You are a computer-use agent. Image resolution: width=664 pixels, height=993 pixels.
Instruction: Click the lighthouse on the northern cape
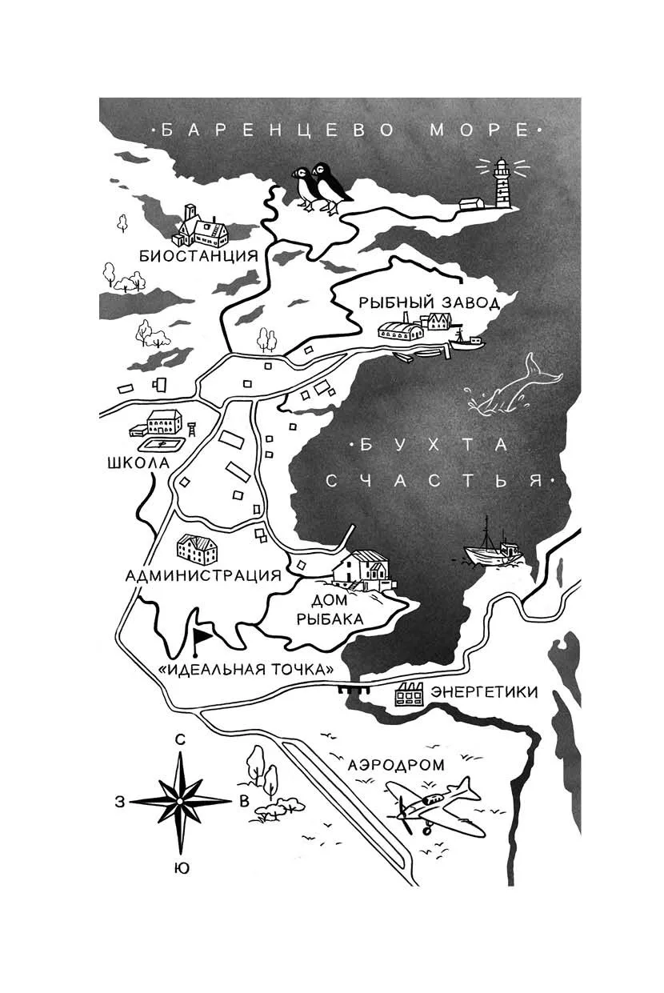pyautogui.click(x=503, y=183)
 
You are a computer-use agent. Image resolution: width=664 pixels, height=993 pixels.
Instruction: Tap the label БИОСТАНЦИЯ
pyautogui.click(x=198, y=256)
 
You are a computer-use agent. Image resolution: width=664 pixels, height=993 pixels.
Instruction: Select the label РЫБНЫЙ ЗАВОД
pyautogui.click(x=429, y=302)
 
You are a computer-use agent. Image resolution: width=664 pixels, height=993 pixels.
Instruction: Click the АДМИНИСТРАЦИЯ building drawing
pyautogui.click(x=197, y=549)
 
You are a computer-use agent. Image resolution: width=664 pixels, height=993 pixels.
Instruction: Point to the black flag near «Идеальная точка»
pyautogui.click(x=202, y=636)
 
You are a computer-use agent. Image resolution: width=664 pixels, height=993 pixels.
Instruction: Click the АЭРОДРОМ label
pyautogui.click(x=396, y=765)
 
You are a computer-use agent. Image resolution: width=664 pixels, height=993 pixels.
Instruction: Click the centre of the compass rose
pyautogui.click(x=180, y=800)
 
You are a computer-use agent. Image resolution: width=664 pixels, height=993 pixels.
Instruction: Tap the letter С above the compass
pyautogui.click(x=181, y=740)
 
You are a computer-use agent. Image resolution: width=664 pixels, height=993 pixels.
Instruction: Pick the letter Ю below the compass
pyautogui.click(x=182, y=867)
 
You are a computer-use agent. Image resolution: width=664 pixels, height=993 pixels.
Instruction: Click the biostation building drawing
pyautogui.click(x=204, y=227)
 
